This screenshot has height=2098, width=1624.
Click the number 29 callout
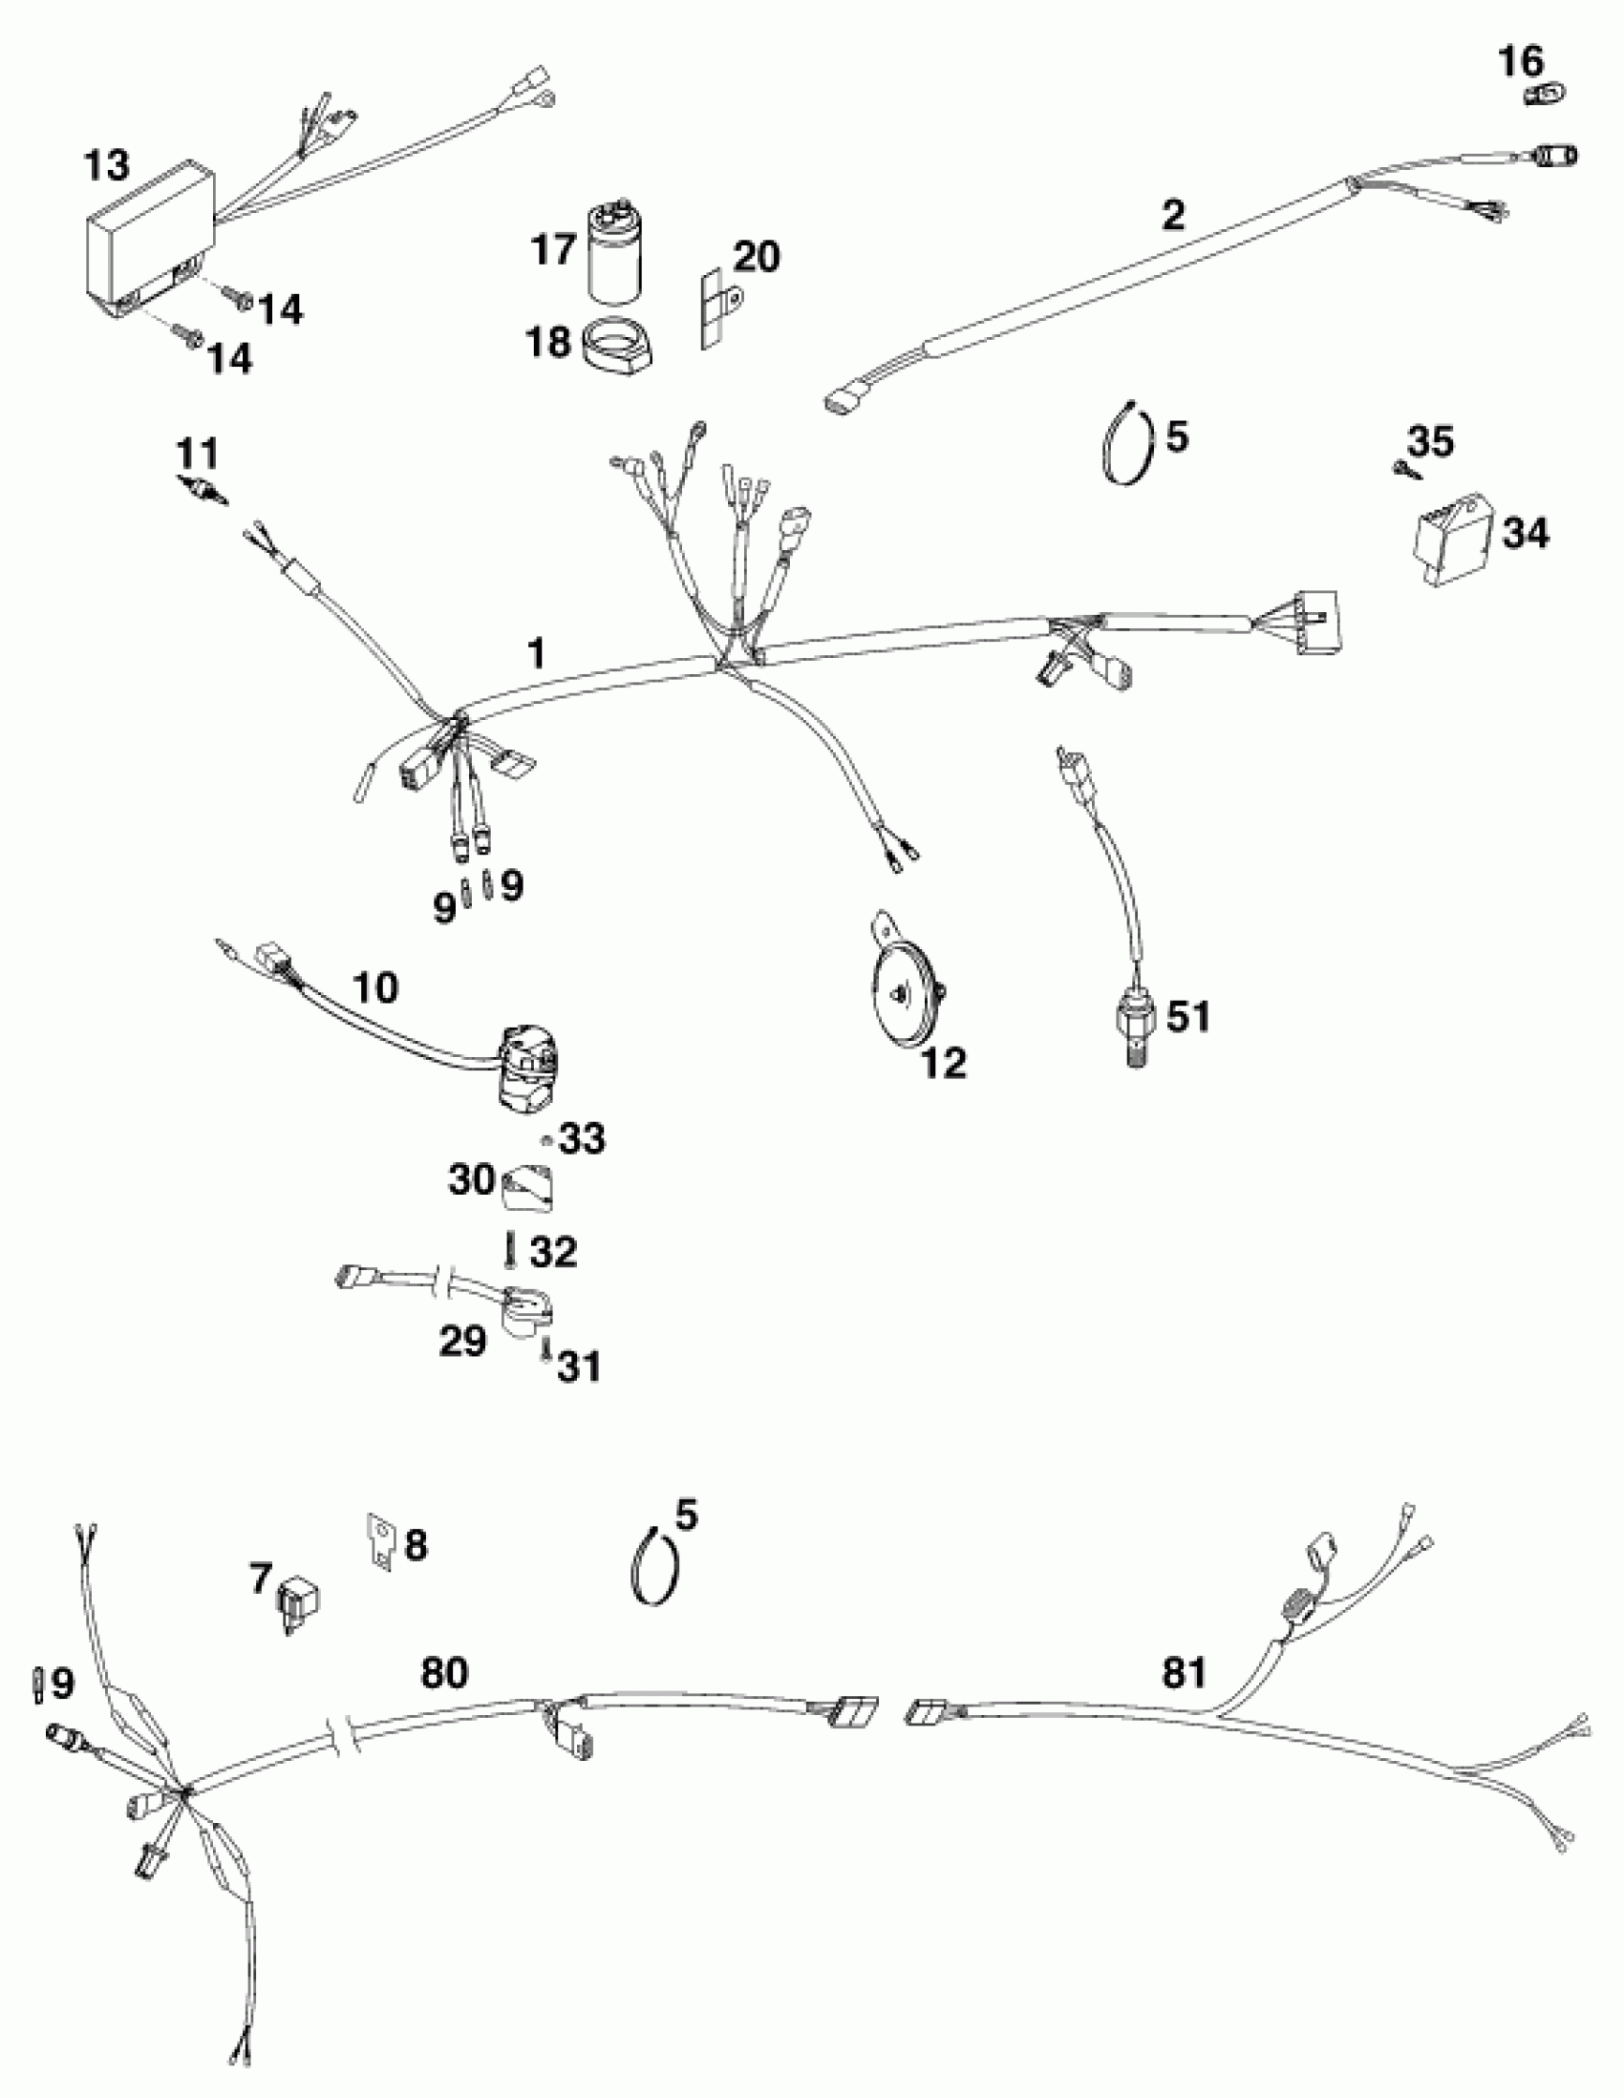coord(462,1340)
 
